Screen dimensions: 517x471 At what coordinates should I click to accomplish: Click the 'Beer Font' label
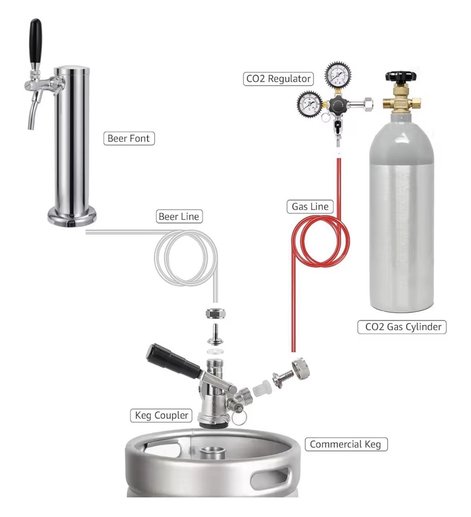point(129,139)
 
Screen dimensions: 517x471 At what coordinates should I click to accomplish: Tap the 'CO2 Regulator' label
point(278,79)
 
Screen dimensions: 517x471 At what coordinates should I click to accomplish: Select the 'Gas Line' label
point(310,207)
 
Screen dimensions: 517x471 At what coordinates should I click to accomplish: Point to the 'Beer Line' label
point(179,217)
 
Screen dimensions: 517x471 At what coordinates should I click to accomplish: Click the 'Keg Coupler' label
point(161,416)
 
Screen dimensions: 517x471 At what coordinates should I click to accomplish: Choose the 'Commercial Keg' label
point(346,444)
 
